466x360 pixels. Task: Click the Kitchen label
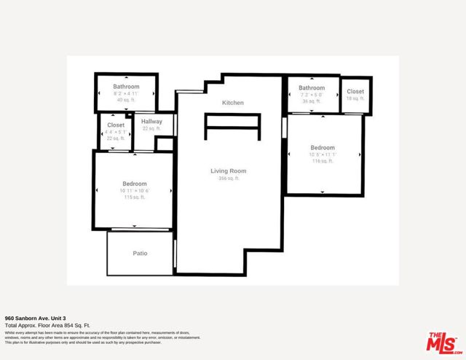233,103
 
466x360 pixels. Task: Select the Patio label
140,254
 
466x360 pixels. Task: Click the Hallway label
151,121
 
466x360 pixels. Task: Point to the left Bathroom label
126,87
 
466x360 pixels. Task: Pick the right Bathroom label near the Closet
311,87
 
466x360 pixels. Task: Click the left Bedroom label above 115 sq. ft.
135,184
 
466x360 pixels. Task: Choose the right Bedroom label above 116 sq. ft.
322,147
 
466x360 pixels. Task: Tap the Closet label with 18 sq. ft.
355,91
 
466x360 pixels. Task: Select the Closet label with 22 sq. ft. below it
116,125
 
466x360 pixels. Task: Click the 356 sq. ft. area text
227,178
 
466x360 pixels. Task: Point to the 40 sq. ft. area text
126,101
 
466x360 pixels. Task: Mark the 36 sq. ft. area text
311,101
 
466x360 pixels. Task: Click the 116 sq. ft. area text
322,161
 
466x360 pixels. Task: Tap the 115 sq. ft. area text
135,197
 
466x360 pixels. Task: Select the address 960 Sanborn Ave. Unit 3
36,318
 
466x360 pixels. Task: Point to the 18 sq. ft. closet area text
355,98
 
